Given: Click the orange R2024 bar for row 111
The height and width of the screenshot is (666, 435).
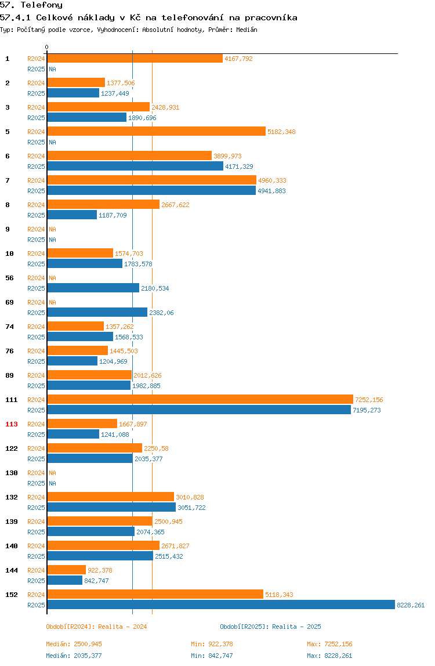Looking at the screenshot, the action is [x=200, y=399].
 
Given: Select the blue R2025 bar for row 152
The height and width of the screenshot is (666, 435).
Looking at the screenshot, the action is [x=221, y=605].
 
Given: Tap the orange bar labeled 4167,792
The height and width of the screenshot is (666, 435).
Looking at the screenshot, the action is [x=135, y=58].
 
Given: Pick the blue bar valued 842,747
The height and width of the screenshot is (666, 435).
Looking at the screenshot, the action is [x=65, y=580].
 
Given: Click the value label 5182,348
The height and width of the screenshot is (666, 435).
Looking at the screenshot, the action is [x=281, y=132].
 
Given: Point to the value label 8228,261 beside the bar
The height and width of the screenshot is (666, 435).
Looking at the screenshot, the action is [x=411, y=605].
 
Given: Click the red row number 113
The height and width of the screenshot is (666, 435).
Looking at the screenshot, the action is [x=12, y=424].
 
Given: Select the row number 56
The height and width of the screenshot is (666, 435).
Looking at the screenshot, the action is [x=9, y=278].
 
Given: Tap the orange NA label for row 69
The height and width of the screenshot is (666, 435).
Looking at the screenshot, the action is [x=52, y=302].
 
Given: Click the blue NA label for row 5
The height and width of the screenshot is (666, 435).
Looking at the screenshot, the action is [x=52, y=142].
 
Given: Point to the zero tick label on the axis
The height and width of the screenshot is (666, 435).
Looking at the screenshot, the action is [x=47, y=47].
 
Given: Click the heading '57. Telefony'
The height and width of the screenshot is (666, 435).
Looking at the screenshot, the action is [x=31, y=5].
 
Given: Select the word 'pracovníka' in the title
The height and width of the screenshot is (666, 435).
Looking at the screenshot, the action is [x=271, y=18].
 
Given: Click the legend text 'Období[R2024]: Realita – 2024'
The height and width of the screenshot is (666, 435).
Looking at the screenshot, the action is [x=96, y=627].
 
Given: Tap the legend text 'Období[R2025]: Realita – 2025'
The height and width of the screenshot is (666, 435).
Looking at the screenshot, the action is [x=271, y=627].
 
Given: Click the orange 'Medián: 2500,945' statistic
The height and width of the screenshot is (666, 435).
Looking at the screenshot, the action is [x=74, y=644].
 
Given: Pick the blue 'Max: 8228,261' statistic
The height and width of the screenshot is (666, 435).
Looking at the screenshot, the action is [x=329, y=656].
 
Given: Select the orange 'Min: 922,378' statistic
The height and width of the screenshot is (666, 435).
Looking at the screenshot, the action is [x=212, y=644].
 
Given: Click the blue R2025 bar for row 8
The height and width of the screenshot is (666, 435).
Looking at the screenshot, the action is [x=72, y=215].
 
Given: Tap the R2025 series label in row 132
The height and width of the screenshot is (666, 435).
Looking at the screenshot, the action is [x=36, y=508].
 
